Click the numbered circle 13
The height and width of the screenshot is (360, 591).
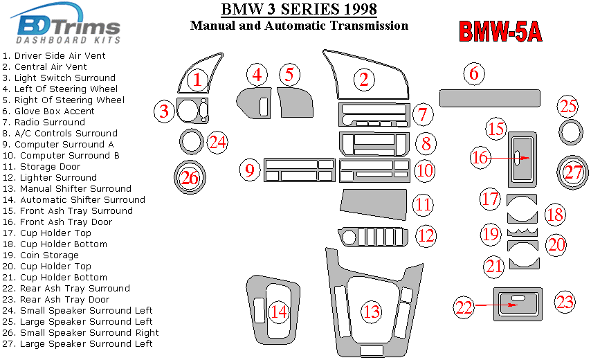[372, 312]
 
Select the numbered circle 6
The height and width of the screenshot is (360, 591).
[473, 73]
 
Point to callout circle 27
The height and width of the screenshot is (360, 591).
[573, 172]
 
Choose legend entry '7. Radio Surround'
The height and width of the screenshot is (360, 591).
[44, 123]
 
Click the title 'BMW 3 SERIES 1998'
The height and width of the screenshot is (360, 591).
[299, 9]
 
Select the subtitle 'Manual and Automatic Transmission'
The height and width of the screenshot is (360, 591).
[299, 26]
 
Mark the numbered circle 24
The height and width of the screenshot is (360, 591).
[218, 143]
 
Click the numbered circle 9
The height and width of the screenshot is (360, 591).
[250, 168]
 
